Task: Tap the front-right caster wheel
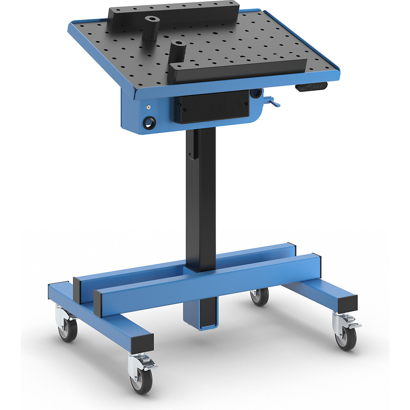(345, 339)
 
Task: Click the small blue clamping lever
(273, 102)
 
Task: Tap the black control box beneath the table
(212, 107)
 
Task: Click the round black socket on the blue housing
(149, 122)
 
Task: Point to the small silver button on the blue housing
(148, 107)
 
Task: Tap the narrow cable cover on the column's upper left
(193, 145)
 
